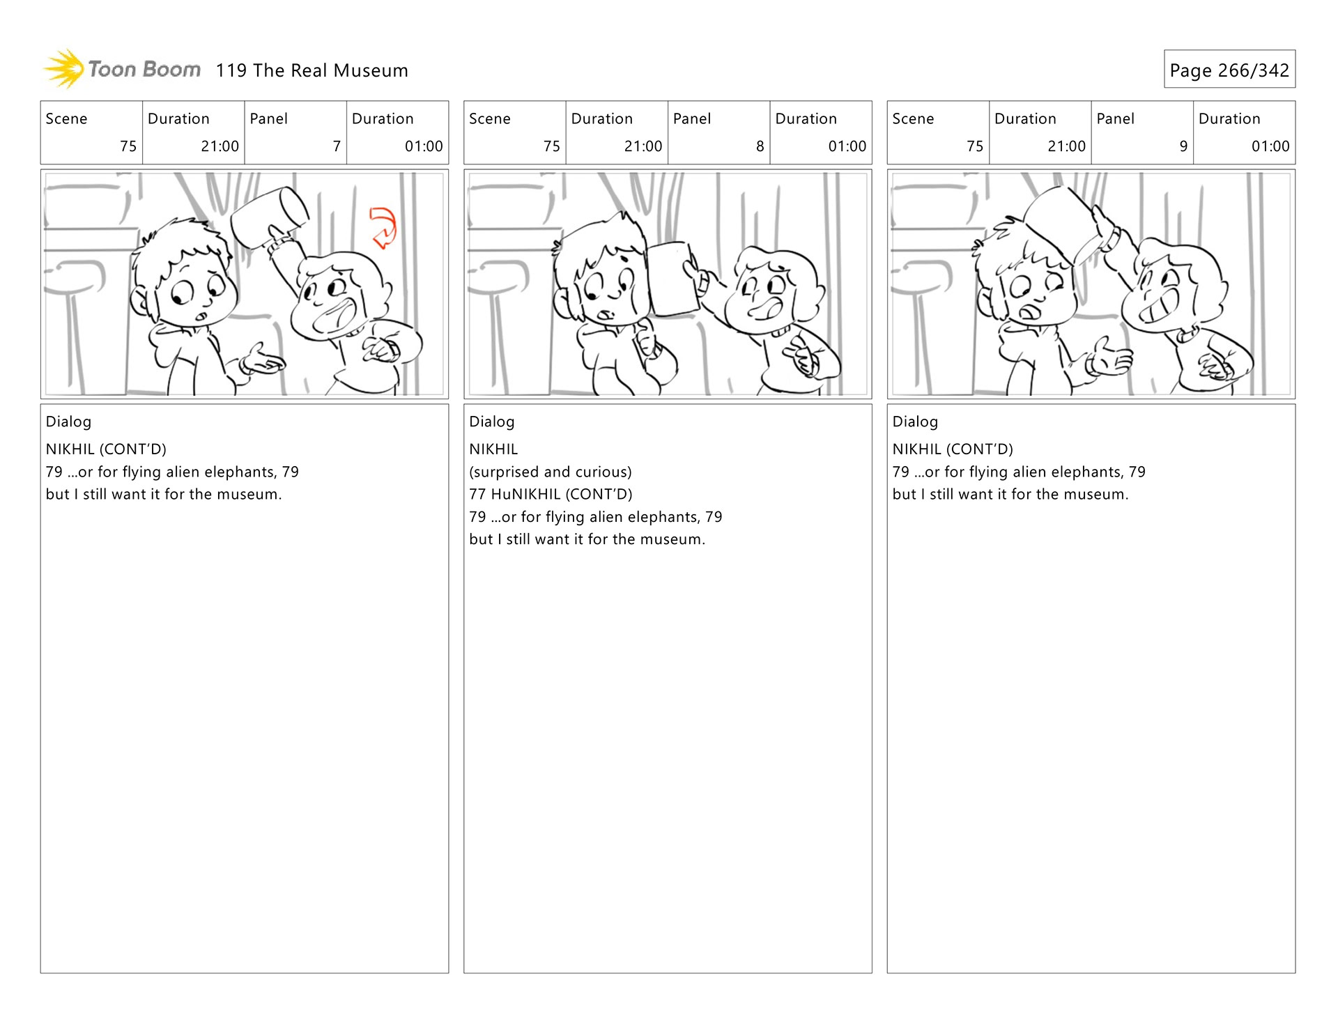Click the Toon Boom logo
point(122,69)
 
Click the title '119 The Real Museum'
point(312,70)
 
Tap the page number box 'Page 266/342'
point(1229,69)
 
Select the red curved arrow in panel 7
point(383,227)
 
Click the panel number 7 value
point(337,146)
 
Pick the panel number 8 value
point(760,146)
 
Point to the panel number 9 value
point(1183,146)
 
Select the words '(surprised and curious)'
point(551,472)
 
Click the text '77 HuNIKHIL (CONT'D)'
point(551,494)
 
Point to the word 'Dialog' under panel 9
point(915,422)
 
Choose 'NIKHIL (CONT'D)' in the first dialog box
point(106,449)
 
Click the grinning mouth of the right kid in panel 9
point(1160,309)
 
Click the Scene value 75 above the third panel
point(974,146)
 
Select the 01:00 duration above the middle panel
point(847,146)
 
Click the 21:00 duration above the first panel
point(220,146)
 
